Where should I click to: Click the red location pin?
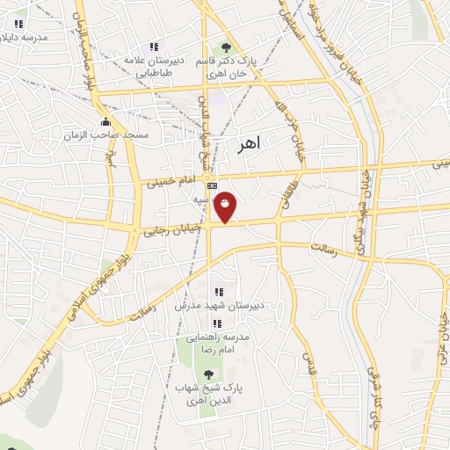(227, 206)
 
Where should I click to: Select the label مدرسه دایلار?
(21, 38)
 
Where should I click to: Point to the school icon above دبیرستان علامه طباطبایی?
(154, 47)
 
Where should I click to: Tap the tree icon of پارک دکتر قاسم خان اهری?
(227, 47)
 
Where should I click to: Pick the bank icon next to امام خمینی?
(212, 185)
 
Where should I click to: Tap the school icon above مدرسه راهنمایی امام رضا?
(217, 323)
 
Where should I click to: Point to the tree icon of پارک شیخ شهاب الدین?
(207, 374)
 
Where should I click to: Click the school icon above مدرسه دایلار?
(18, 24)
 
